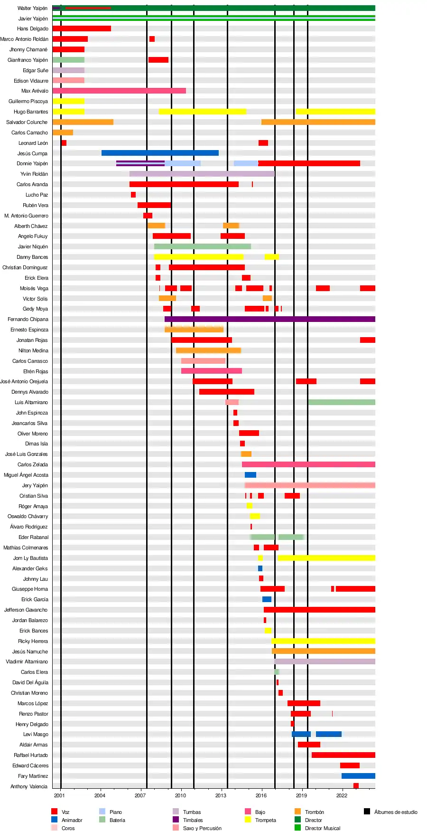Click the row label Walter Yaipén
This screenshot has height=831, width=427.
tap(32, 8)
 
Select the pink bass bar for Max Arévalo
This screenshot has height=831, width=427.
tap(119, 91)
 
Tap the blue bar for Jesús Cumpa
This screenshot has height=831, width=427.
tap(160, 153)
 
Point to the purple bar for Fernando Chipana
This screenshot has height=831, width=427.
tap(269, 319)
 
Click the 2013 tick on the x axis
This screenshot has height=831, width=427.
tap(221, 795)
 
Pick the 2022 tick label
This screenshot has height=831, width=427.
tap(342, 795)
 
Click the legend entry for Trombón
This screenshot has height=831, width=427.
tap(314, 812)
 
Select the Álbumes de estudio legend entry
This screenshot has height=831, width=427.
tap(395, 812)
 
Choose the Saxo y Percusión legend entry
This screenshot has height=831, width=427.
tap(202, 828)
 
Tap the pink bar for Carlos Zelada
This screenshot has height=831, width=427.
tap(308, 464)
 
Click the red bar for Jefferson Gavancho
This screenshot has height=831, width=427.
tap(319, 610)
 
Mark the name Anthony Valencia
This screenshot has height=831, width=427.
tap(29, 786)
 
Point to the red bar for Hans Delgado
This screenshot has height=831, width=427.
tap(82, 28)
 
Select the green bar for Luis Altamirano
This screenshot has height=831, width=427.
tap(342, 402)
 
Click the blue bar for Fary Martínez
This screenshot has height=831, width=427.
tap(358, 776)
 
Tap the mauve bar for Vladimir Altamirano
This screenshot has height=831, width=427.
tap(325, 661)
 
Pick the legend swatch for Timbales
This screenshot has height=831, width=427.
tap(176, 820)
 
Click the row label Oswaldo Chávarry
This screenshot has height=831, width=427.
tap(28, 516)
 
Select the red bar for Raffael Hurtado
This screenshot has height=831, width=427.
tap(343, 755)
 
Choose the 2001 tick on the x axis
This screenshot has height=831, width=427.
tap(59, 795)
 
